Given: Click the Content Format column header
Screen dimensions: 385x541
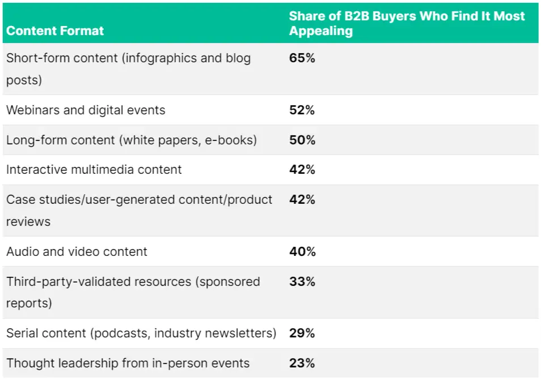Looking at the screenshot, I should pyautogui.click(x=55, y=31).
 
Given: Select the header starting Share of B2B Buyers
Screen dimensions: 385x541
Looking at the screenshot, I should pyautogui.click(x=407, y=23).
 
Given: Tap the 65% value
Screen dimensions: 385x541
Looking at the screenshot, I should pyautogui.click(x=302, y=58).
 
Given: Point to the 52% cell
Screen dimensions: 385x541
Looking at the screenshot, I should pyautogui.click(x=302, y=110).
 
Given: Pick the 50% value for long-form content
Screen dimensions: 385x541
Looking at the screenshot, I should pyautogui.click(x=302, y=140).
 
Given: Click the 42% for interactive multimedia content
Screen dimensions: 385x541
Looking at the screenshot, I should pyautogui.click(x=302, y=169).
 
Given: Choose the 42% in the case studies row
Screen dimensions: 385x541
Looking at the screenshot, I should pyautogui.click(x=302, y=199).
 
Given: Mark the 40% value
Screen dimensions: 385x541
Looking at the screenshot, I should pyautogui.click(x=302, y=251).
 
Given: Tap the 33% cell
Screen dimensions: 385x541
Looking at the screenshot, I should pyautogui.click(x=302, y=281).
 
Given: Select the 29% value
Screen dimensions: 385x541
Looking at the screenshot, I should pyautogui.click(x=302, y=333).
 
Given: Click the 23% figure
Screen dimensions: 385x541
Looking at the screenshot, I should pyautogui.click(x=302, y=363).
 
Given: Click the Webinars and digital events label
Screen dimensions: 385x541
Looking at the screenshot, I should pyautogui.click(x=86, y=110).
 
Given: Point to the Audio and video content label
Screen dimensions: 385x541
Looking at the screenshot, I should pyautogui.click(x=77, y=251).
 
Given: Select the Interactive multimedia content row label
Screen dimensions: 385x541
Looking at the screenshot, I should pyautogui.click(x=94, y=169).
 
